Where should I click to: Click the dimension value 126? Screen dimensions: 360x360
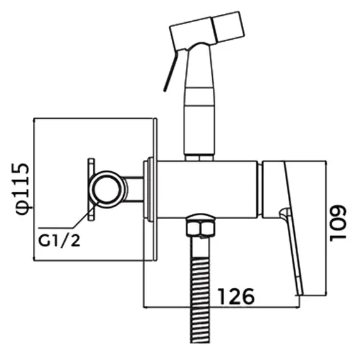(x=236, y=295)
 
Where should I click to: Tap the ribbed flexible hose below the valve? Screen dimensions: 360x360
(x=201, y=291)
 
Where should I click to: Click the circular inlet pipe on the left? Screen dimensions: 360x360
(x=105, y=189)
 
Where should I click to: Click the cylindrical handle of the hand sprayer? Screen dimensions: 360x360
(x=200, y=120)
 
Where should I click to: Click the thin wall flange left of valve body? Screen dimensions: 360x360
(x=149, y=189)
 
